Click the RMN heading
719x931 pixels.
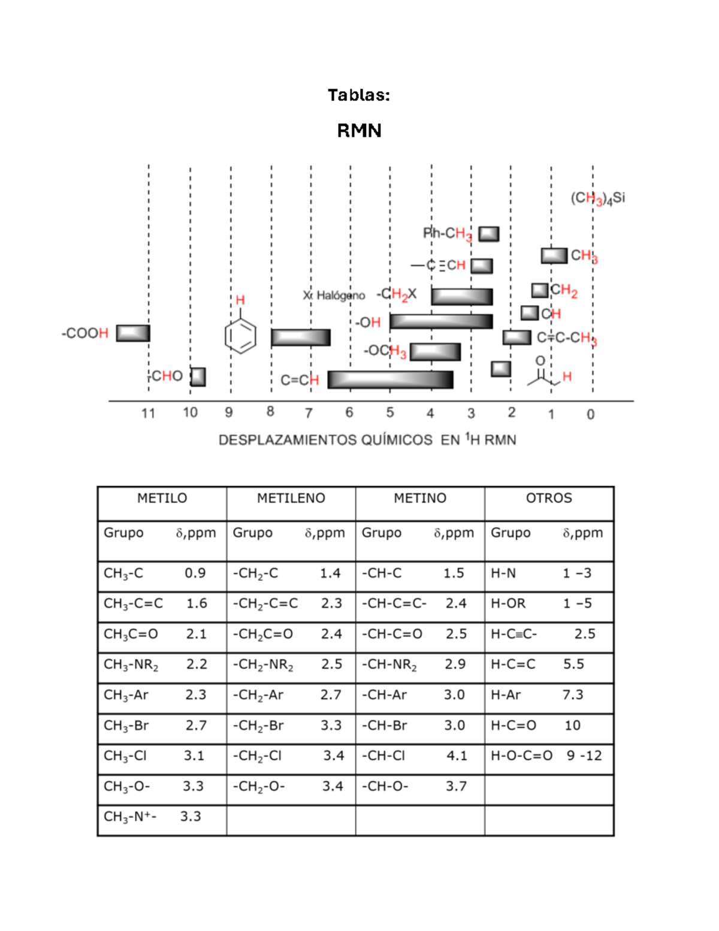[359, 130]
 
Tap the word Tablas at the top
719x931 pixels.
[358, 95]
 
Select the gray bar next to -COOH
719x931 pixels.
[133, 333]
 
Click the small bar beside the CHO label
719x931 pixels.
[198, 376]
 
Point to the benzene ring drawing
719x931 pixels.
[240, 336]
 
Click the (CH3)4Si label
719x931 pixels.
[597, 198]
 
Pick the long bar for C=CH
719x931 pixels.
[390, 379]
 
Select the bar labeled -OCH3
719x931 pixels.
[435, 351]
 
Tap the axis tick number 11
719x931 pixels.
[148, 413]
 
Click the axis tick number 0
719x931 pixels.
[590, 414]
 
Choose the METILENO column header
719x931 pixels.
[291, 498]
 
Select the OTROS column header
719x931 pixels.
[549, 498]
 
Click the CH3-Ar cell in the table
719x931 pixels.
[126, 695]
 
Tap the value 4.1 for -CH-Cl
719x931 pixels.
[457, 755]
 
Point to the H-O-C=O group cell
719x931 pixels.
[521, 755]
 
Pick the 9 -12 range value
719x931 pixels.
[584, 755]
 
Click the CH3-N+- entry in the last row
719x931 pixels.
[130, 816]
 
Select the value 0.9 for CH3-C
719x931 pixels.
[195, 573]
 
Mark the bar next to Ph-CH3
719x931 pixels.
[489, 234]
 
